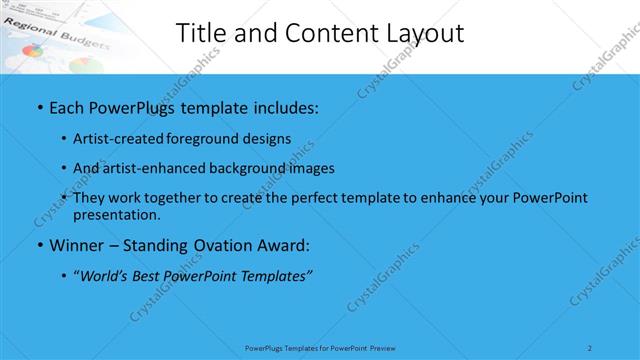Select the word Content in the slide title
click(320, 32)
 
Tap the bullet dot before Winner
click(38, 245)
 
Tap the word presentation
click(116, 215)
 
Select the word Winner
click(78, 245)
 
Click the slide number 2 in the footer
click(590, 347)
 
